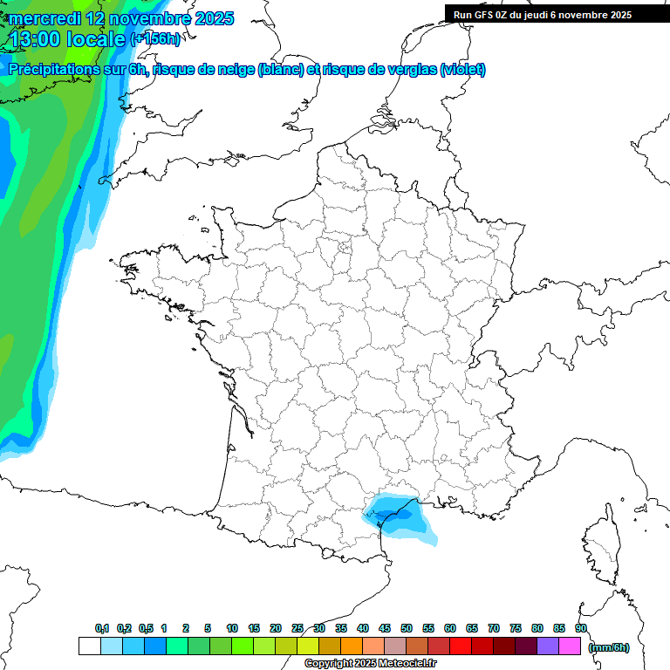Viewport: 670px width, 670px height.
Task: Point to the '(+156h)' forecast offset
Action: click(x=155, y=39)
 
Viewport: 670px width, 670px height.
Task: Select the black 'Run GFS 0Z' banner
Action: click(x=543, y=14)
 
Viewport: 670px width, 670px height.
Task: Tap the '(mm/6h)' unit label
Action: click(x=608, y=647)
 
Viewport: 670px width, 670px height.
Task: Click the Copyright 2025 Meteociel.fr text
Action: click(x=370, y=664)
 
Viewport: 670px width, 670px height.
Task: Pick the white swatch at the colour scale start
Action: click(x=89, y=646)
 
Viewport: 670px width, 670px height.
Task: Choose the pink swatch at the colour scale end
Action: click(x=570, y=646)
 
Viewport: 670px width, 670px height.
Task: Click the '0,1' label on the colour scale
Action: click(x=102, y=628)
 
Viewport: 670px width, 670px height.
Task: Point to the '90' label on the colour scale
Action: click(x=581, y=628)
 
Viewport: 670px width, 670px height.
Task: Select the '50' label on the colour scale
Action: click(x=407, y=628)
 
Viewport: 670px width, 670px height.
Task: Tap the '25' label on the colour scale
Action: click(x=297, y=628)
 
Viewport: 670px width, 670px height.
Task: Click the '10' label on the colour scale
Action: click(x=232, y=628)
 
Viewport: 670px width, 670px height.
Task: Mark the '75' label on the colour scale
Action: click(x=516, y=628)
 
